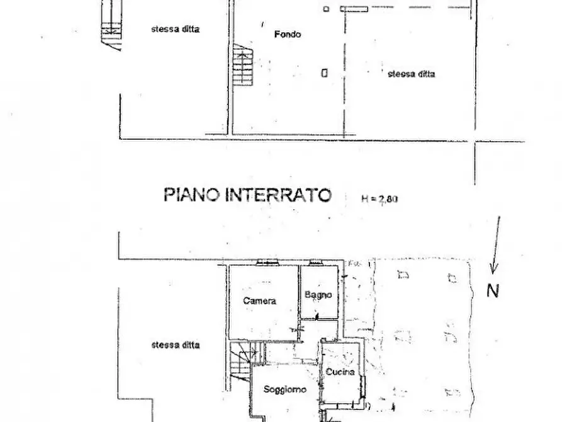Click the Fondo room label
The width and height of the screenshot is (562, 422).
(x=287, y=34)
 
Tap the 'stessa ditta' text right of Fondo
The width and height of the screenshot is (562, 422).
(x=412, y=74)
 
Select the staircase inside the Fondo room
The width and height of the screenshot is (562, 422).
(x=243, y=66)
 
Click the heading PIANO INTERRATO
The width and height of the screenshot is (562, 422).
(x=247, y=195)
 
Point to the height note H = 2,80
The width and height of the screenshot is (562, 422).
(x=380, y=199)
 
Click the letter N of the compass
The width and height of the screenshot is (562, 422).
(x=493, y=291)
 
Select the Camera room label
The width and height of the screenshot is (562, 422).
(x=259, y=300)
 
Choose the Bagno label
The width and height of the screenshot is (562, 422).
(x=318, y=295)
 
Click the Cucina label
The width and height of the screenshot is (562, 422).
(x=340, y=372)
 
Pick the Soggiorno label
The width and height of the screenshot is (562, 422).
(x=285, y=390)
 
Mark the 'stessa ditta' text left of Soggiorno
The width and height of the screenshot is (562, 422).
(x=176, y=345)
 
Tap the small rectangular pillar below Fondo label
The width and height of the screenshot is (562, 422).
(x=324, y=72)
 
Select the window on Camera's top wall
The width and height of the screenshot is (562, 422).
(x=266, y=262)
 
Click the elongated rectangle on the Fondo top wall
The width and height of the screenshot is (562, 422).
(x=354, y=9)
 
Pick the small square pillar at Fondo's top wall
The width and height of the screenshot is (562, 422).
(x=326, y=9)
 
